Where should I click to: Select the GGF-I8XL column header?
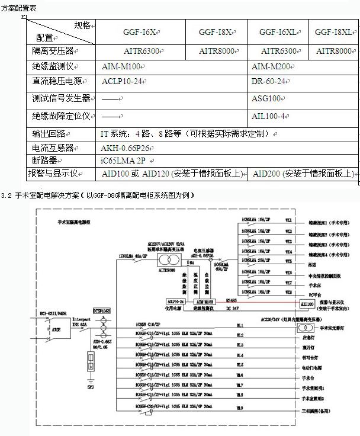click(x=334, y=31)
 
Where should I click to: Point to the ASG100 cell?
click(x=266, y=98)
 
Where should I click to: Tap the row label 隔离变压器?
click(x=57, y=52)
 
